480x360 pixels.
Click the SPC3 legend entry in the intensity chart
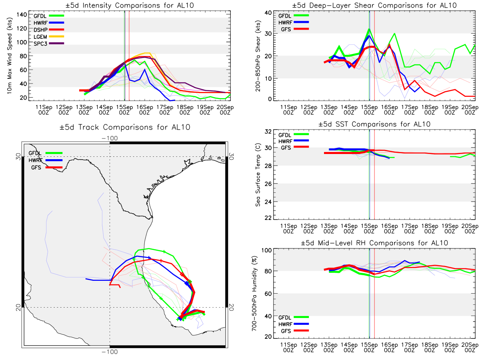48,44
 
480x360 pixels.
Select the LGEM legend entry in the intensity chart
48,36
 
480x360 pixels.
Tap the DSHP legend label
40,30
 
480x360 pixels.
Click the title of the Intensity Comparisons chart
130,5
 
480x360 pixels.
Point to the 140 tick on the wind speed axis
22,15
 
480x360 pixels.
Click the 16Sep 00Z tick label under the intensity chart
144,110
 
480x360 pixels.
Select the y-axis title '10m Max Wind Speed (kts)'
9,56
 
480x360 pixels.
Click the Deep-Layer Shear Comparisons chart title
374,5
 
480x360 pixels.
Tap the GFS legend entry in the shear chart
294,29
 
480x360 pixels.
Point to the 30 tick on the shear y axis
268,34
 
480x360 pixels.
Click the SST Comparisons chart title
374,124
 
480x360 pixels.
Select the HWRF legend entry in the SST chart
293,141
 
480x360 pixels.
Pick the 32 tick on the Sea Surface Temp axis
268,131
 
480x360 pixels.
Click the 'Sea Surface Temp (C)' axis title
258,175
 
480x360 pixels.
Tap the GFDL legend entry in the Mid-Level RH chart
293,317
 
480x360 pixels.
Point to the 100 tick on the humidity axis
266,250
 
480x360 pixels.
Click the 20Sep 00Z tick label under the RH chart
470,347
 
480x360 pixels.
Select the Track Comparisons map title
125,127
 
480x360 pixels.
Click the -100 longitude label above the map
110,138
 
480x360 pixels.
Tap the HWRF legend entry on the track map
46,160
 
